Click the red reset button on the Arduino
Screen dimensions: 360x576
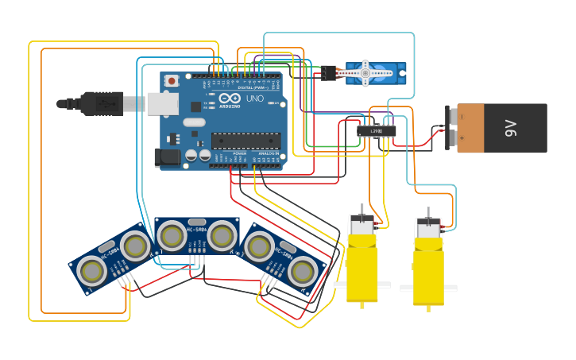point(172,80)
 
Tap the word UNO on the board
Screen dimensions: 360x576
point(255,99)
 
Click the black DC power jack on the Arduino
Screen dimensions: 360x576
point(168,157)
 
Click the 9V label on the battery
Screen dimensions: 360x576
point(511,128)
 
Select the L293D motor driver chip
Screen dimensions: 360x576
point(376,130)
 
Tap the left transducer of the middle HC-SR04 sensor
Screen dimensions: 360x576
point(171,235)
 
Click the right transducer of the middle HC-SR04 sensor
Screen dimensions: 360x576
point(222,235)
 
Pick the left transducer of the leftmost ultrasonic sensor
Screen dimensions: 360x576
point(92,272)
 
